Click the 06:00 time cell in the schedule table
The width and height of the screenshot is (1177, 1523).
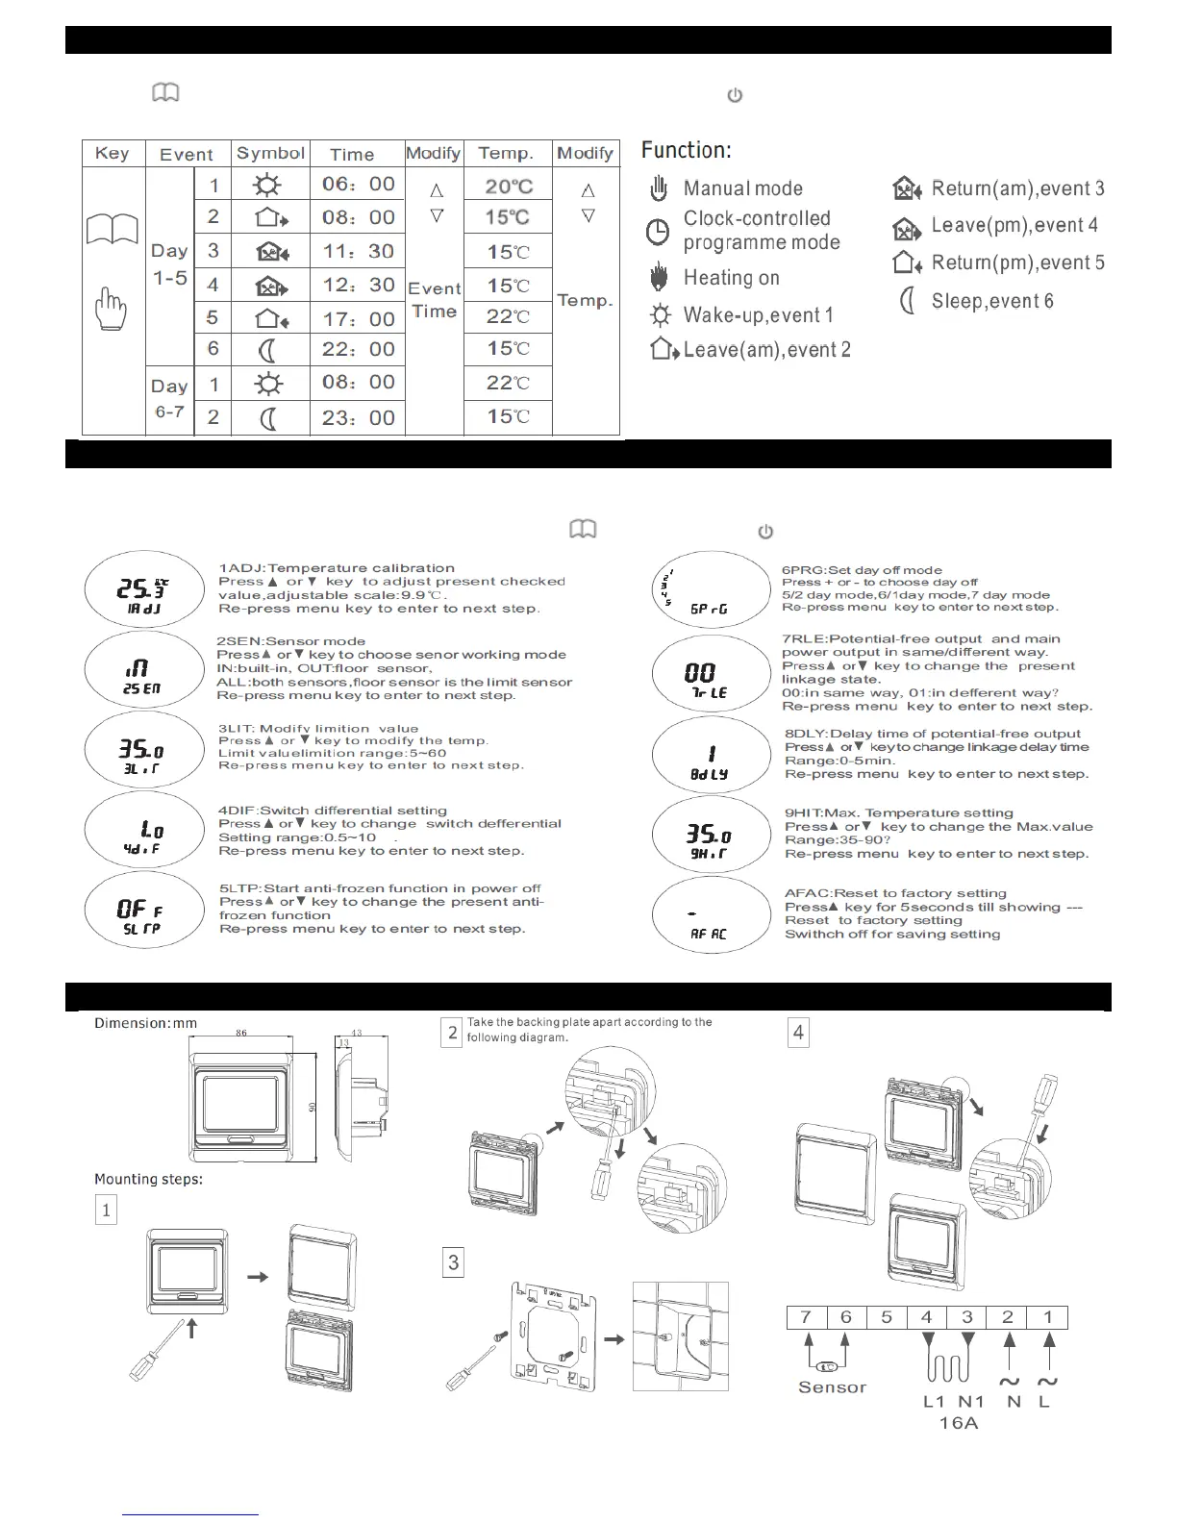pos(358,184)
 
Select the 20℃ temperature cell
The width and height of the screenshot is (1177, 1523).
pos(509,186)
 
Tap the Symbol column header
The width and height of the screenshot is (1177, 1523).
pos(270,153)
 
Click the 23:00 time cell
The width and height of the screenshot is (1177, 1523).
pos(358,417)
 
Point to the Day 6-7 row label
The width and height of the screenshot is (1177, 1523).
pos(169,399)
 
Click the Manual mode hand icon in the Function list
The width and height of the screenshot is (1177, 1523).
pos(659,188)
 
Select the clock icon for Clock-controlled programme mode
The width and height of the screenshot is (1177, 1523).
pos(659,232)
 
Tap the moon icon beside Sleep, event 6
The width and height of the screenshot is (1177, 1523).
pos(906,301)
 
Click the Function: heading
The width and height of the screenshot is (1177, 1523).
pos(686,150)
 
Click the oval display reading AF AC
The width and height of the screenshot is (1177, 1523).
pos(710,915)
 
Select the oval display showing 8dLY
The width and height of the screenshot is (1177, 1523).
pos(710,756)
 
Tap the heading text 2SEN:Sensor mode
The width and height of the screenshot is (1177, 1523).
pos(290,641)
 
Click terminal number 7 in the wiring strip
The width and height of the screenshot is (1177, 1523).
pos(806,1317)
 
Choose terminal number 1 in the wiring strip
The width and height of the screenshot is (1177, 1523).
pos(1048,1317)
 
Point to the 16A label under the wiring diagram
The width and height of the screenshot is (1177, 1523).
pos(958,1423)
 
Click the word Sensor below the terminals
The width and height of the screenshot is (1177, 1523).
pos(832,1387)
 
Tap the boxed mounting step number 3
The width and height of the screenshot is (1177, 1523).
pos(453,1262)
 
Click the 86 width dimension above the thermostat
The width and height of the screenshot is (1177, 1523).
pos(241,1033)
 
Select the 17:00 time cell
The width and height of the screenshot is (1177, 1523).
pos(358,318)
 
